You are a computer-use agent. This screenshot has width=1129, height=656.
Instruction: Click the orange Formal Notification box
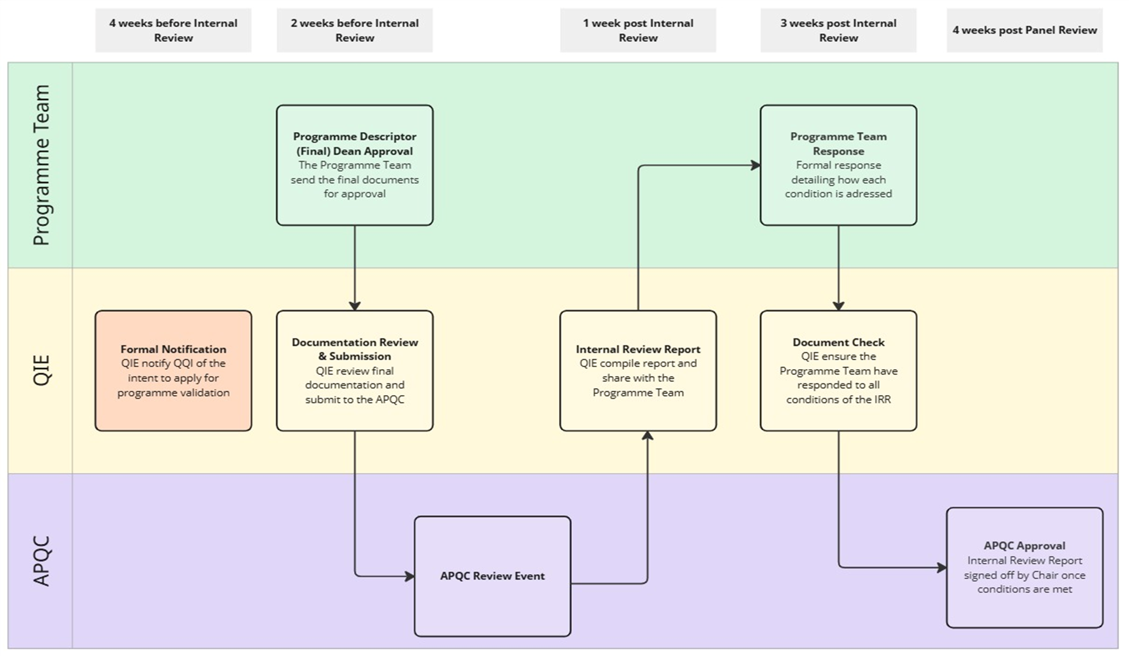tap(173, 371)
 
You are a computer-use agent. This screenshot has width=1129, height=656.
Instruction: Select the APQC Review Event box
tap(492, 576)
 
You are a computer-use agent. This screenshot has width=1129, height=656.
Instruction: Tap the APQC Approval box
tap(1024, 567)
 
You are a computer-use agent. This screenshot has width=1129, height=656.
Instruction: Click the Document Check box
tap(838, 371)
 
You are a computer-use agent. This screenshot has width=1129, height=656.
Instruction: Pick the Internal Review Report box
tap(637, 371)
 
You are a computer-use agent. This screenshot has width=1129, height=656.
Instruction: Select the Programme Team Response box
tap(838, 165)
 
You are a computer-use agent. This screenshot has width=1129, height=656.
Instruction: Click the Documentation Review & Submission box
tap(354, 371)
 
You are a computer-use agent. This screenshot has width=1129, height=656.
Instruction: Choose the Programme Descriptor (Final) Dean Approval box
tap(354, 165)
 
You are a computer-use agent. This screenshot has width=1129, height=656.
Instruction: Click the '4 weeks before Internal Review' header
tap(173, 30)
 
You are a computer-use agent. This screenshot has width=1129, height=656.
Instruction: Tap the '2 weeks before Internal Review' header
tap(354, 30)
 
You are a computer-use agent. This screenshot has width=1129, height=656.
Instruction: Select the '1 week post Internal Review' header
tap(637, 30)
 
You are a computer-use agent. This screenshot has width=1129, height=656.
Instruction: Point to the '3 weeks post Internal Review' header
tap(838, 30)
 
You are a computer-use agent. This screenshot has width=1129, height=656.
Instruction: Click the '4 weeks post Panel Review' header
tap(1024, 30)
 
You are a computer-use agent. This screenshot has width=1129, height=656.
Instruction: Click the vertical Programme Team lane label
tap(41, 165)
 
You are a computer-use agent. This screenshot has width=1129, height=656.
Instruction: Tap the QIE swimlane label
tap(41, 371)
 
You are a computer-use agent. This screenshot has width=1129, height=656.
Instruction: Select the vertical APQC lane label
tap(41, 561)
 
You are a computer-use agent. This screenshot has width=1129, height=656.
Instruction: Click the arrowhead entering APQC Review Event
tap(410, 576)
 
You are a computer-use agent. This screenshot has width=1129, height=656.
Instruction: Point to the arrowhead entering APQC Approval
tap(942, 567)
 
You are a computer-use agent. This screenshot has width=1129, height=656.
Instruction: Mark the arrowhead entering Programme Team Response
tap(756, 165)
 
